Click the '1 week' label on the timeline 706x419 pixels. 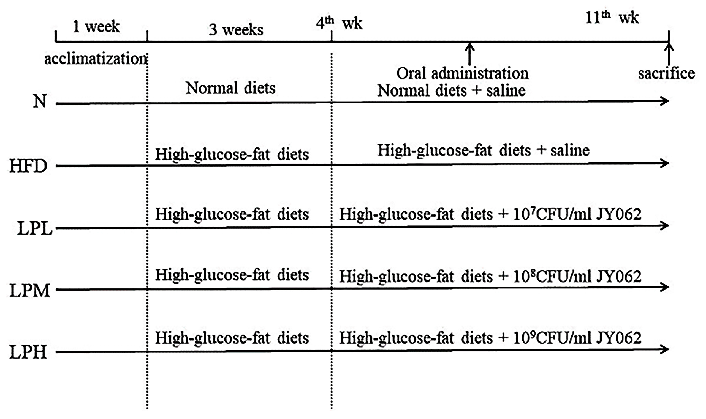coord(96,27)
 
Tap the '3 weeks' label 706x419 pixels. coord(236,30)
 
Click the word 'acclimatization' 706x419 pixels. coord(96,60)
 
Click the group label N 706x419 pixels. coord(40,101)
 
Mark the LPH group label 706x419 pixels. coord(28,353)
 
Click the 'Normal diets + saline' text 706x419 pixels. coord(451,91)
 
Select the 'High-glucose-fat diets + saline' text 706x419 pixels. coord(484,150)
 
